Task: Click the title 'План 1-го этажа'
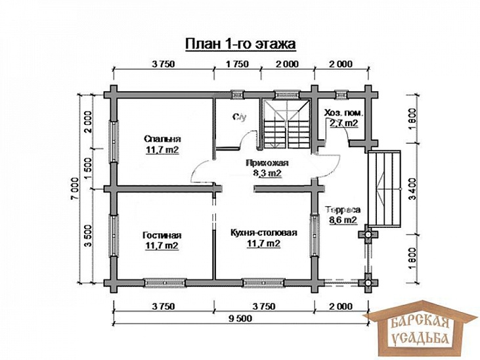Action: point(240,44)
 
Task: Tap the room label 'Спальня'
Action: point(162,139)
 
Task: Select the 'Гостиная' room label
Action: point(162,235)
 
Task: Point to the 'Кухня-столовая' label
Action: point(263,233)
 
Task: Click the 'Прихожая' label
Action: point(267,163)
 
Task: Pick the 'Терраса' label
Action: point(343,210)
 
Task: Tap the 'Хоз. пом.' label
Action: point(344,113)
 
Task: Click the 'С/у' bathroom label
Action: point(240,117)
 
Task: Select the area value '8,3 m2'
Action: point(267,173)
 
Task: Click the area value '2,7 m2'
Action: point(343,123)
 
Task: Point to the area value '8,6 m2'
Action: point(343,220)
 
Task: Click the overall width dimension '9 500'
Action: point(240,319)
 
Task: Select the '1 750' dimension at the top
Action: point(237,64)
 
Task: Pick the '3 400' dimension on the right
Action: point(412,189)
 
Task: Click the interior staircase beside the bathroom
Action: point(286,124)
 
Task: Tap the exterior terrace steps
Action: point(385,189)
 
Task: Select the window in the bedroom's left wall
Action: point(114,141)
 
